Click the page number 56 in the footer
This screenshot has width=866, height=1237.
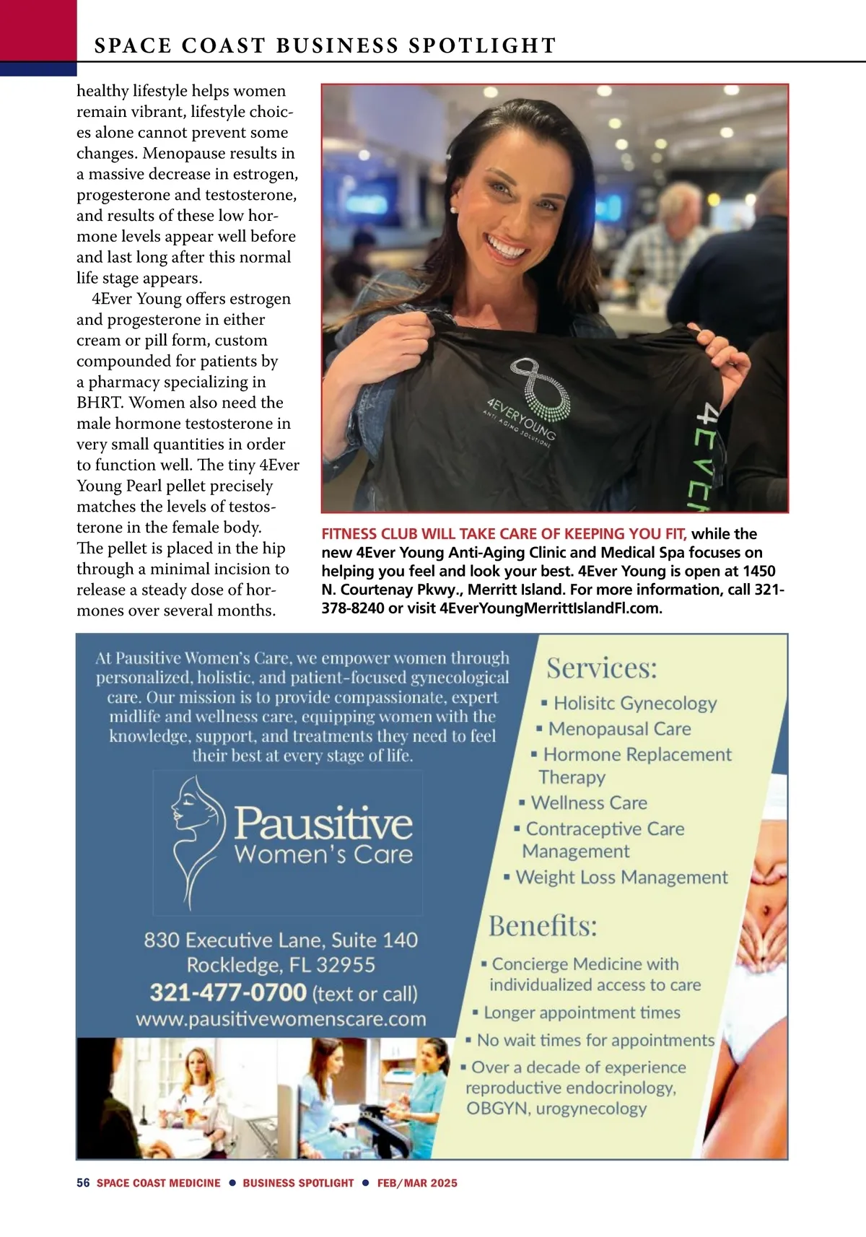pyautogui.click(x=83, y=1183)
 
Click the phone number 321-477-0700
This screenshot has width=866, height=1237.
pyautogui.click(x=228, y=992)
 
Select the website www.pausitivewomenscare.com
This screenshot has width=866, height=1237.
pyautogui.click(x=281, y=1019)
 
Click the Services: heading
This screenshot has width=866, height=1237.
pyautogui.click(x=602, y=668)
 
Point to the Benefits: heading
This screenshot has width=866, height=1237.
pyautogui.click(x=543, y=925)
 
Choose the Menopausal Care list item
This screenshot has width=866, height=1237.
pyautogui.click(x=618, y=729)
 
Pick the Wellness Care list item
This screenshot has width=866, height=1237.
pyautogui.click(x=588, y=803)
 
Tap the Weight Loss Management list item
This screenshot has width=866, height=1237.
pyautogui.click(x=621, y=877)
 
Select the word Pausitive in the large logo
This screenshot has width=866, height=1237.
pyautogui.click(x=323, y=823)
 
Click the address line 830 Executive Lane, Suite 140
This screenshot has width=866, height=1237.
pyautogui.click(x=281, y=940)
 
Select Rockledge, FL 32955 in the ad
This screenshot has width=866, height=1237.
pyautogui.click(x=281, y=965)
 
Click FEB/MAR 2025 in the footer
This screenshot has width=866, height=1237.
pyautogui.click(x=417, y=1183)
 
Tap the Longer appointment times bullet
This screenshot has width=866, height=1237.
pyautogui.click(x=581, y=1013)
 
